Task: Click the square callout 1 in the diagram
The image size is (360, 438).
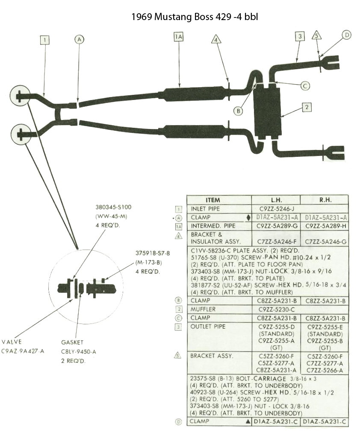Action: click(x=45, y=40)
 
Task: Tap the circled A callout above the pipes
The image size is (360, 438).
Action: click(x=79, y=39)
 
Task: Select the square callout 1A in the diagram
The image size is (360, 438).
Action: click(x=178, y=37)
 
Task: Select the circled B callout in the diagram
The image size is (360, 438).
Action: click(x=239, y=111)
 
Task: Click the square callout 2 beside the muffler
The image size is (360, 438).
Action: click(x=306, y=107)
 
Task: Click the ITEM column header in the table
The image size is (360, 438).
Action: click(x=212, y=200)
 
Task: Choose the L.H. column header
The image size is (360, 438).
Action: click(x=275, y=200)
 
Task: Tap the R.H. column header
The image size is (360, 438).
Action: click(x=325, y=200)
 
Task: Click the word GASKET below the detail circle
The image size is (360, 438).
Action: click(x=72, y=342)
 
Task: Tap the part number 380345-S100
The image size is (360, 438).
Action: click(x=113, y=207)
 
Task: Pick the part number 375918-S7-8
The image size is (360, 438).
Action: click(x=152, y=253)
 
